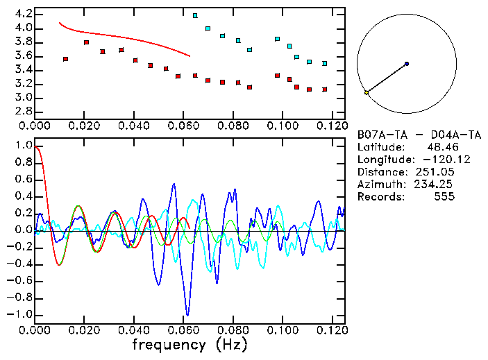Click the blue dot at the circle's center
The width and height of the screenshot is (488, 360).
pyautogui.click(x=407, y=64)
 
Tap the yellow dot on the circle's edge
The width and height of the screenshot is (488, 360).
pyautogui.click(x=367, y=92)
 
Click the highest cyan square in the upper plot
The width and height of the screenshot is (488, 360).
pyautogui.click(x=195, y=15)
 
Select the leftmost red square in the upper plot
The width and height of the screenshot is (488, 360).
pyautogui.click(x=65, y=59)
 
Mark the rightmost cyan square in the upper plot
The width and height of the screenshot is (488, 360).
pyautogui.click(x=324, y=63)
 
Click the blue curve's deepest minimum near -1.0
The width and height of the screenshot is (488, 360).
pyautogui.click(x=187, y=314)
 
